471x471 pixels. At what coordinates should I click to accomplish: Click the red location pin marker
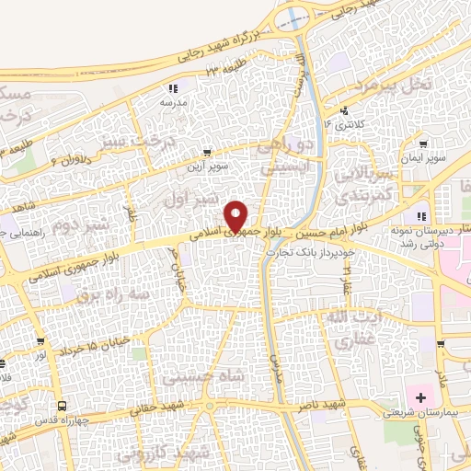[237, 215]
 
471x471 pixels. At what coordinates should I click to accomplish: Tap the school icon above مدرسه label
[173, 88]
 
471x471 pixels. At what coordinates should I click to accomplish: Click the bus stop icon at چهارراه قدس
[62, 405]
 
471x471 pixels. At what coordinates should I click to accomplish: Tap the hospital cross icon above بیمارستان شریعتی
[422, 397]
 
